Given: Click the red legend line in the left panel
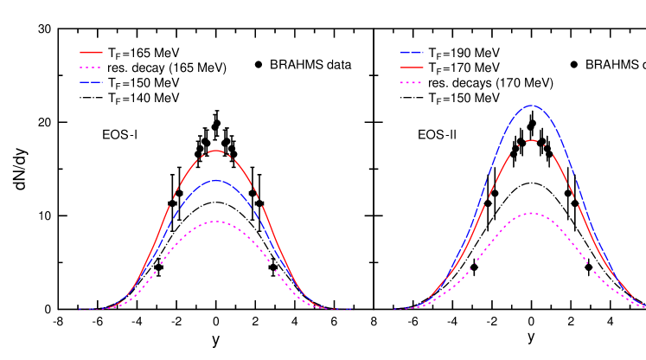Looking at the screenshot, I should tap(91, 52).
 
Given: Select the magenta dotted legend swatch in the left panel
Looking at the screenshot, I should tap(91, 67).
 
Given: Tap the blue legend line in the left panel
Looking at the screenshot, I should tap(91, 82).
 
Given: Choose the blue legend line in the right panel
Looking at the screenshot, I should tap(412, 52).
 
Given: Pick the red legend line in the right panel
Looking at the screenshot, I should tap(412, 67).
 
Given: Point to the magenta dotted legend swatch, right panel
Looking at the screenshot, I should tap(412, 82).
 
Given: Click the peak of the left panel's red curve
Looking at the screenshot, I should tap(216, 151).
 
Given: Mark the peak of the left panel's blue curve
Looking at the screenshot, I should tap(216, 180).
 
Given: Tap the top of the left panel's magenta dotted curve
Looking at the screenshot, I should tap(216, 222).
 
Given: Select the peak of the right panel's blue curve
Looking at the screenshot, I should tap(531, 106).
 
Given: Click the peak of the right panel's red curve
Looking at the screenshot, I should tap(531, 140).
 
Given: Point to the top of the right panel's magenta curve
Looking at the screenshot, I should tap(531, 213).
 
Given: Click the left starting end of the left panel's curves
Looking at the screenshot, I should tap(79, 309).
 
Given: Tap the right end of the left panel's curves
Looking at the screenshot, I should tap(350, 309).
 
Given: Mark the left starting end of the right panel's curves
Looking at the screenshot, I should tap(394, 309).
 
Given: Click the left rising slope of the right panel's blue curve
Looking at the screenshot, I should tap(484, 190).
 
